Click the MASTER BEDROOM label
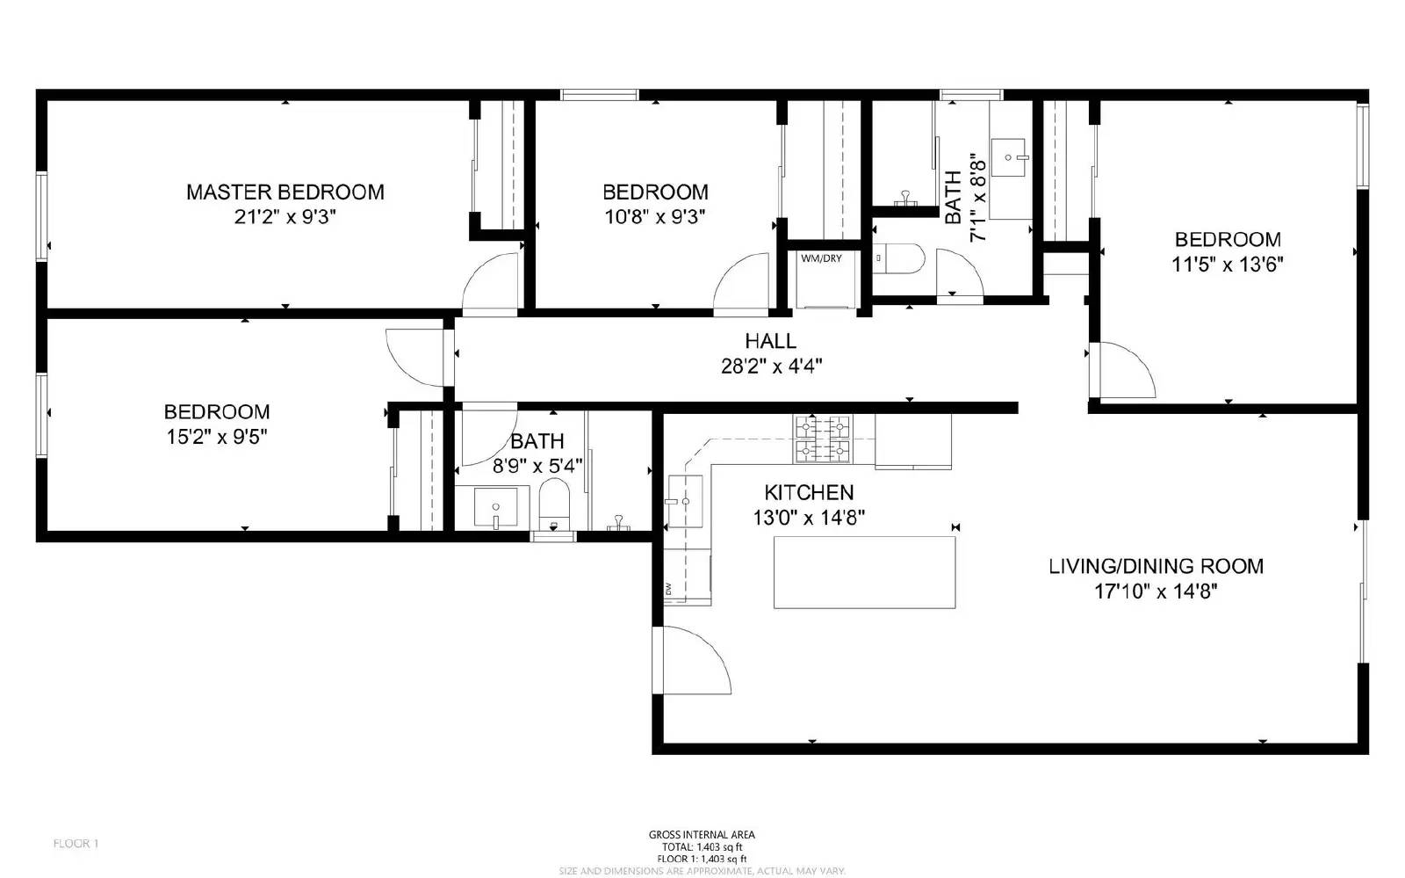[285, 192]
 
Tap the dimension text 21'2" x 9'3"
[285, 216]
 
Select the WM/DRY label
[821, 258]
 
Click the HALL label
[770, 341]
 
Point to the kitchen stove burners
[823, 439]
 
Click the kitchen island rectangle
[864, 572]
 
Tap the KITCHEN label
[809, 492]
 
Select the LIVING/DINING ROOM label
[1156, 566]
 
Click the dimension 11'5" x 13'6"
[1227, 264]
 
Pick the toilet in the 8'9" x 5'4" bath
[554, 505]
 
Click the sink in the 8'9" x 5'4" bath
[496, 508]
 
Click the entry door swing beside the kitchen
[694, 659]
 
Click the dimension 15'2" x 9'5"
[217, 436]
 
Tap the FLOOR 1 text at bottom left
[76, 844]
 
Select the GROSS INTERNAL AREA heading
[702, 835]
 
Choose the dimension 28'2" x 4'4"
[770, 366]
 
